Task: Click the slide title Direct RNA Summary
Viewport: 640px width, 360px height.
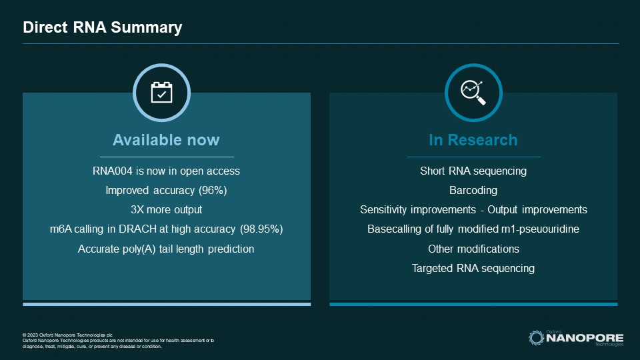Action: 102,28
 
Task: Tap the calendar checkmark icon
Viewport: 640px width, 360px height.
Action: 161,93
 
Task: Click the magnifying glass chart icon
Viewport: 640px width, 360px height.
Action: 473,93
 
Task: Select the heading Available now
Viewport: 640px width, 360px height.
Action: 166,140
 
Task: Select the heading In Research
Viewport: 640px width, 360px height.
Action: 473,140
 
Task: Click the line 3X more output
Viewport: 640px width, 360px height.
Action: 166,210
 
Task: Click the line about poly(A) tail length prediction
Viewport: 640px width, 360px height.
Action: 166,249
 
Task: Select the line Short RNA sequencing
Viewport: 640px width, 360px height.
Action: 473,171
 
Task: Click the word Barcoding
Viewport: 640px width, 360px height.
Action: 473,191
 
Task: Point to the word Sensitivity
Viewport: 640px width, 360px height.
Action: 385,210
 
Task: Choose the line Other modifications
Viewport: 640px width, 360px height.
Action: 473,249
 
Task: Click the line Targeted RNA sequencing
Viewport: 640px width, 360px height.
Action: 473,268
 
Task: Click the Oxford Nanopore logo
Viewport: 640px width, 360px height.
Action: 576,337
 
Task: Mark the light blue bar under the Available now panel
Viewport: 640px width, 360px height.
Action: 166,304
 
